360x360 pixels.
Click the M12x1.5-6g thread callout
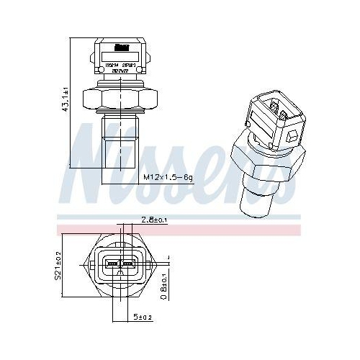[167, 176]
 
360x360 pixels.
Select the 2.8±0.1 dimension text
[154, 220]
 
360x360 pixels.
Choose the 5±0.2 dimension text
[143, 317]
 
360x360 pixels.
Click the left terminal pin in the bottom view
[112, 266]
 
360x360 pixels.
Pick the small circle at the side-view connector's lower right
[148, 71]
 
